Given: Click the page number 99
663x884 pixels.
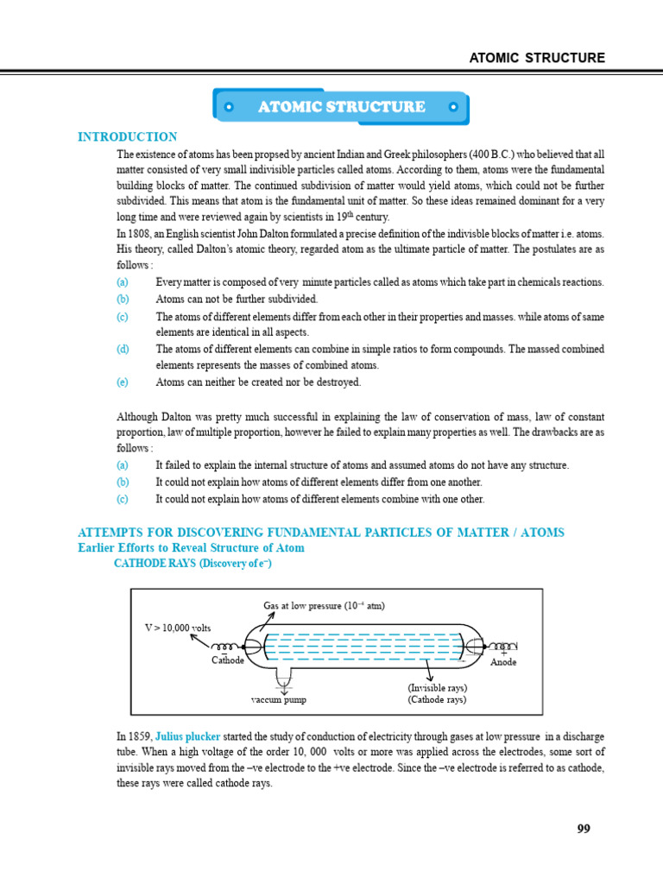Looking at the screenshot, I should click(584, 829).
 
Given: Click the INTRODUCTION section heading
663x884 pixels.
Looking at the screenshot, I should click(128, 136).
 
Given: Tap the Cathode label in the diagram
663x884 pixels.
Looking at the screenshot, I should click(228, 660).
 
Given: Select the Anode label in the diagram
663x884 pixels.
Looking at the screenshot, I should click(503, 662).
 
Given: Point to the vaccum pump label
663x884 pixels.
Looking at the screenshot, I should click(279, 699).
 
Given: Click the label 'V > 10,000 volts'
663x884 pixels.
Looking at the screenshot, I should click(177, 628).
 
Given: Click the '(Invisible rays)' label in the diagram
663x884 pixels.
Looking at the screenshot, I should click(437, 687).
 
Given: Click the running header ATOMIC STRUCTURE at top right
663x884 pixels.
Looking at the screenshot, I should click(536, 58).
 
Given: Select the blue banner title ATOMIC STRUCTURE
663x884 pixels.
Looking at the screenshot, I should click(341, 107).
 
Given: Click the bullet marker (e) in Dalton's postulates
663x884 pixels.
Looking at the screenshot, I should click(123, 382).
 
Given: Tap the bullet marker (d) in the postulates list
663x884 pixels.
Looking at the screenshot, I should click(123, 349).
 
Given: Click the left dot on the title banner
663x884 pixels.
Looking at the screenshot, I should click(228, 108).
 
